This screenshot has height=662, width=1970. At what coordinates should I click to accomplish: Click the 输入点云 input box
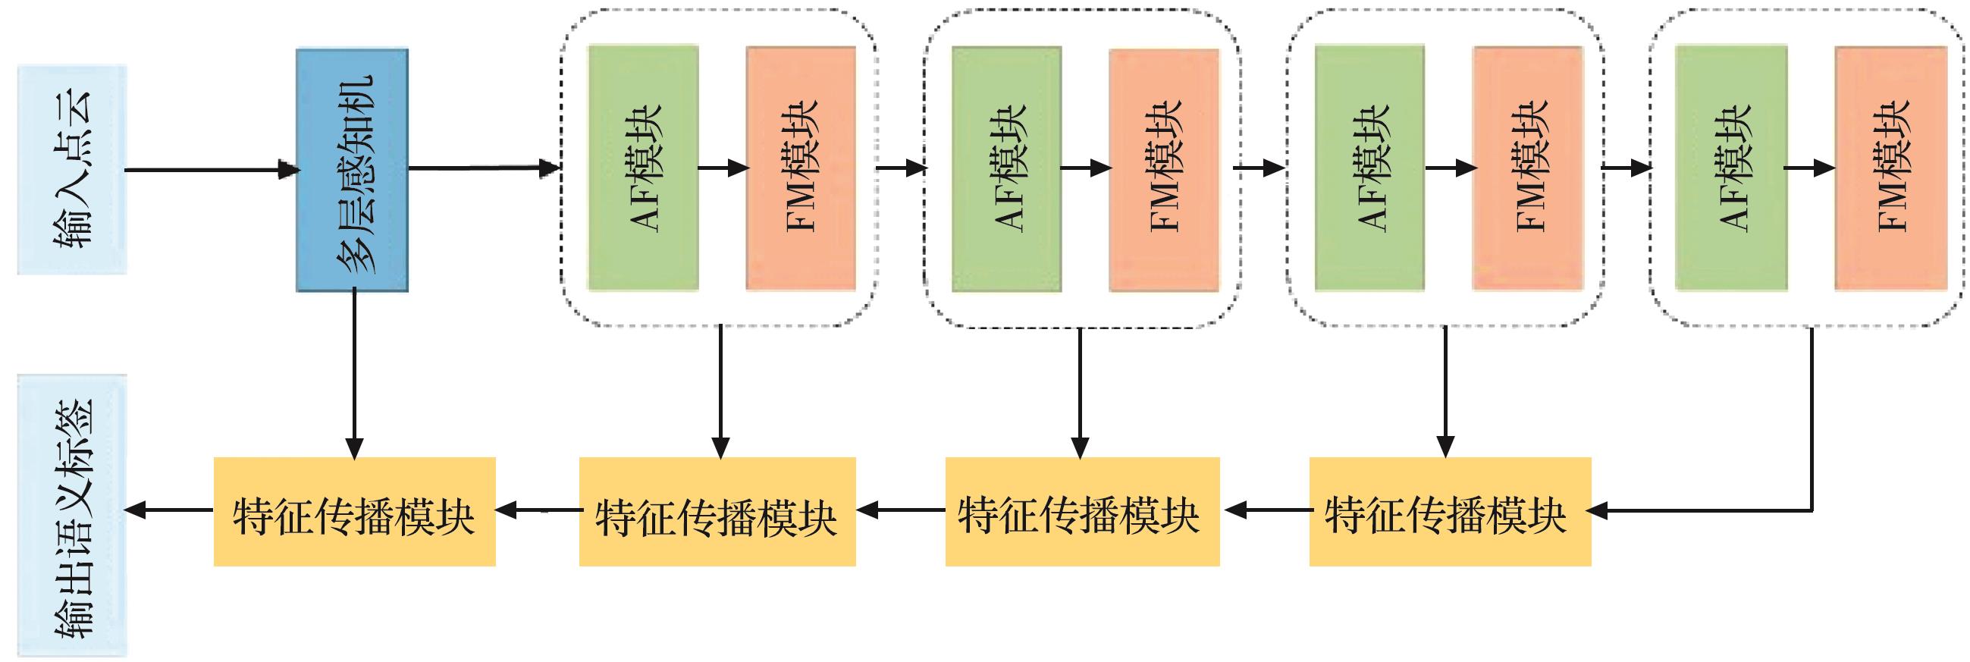pos(72,169)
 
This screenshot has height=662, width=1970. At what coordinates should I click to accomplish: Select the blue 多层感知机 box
pos(352,170)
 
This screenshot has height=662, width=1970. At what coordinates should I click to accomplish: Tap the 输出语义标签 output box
pos(72,516)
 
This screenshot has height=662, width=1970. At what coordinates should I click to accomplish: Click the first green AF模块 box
pos(642,168)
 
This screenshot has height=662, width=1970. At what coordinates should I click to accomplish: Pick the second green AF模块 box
pos(1005,168)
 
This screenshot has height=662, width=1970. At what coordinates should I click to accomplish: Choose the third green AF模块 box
pos(1369,168)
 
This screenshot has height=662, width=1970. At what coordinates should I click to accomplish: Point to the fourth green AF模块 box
pos(1730,168)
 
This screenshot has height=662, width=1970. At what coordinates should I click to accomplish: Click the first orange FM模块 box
pos(801,168)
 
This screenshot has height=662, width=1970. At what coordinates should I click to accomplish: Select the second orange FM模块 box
pos(1164,168)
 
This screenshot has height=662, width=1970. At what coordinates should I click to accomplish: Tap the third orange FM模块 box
pos(1527,168)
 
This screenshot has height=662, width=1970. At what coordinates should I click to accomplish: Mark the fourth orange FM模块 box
pos(1890,168)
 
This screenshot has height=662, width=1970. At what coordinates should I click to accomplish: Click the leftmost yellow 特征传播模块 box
pos(354,511)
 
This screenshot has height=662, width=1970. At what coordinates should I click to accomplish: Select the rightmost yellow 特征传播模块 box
pos(1450,511)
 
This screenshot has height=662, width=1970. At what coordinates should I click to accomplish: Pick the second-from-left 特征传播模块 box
pos(717,511)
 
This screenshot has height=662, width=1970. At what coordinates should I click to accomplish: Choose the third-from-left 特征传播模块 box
pos(1082,511)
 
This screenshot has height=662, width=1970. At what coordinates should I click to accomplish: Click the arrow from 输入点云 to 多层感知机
pos(211,170)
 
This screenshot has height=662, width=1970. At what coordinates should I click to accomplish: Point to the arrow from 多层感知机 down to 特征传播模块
pos(354,375)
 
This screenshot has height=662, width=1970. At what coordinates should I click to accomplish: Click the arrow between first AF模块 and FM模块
pos(723,168)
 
